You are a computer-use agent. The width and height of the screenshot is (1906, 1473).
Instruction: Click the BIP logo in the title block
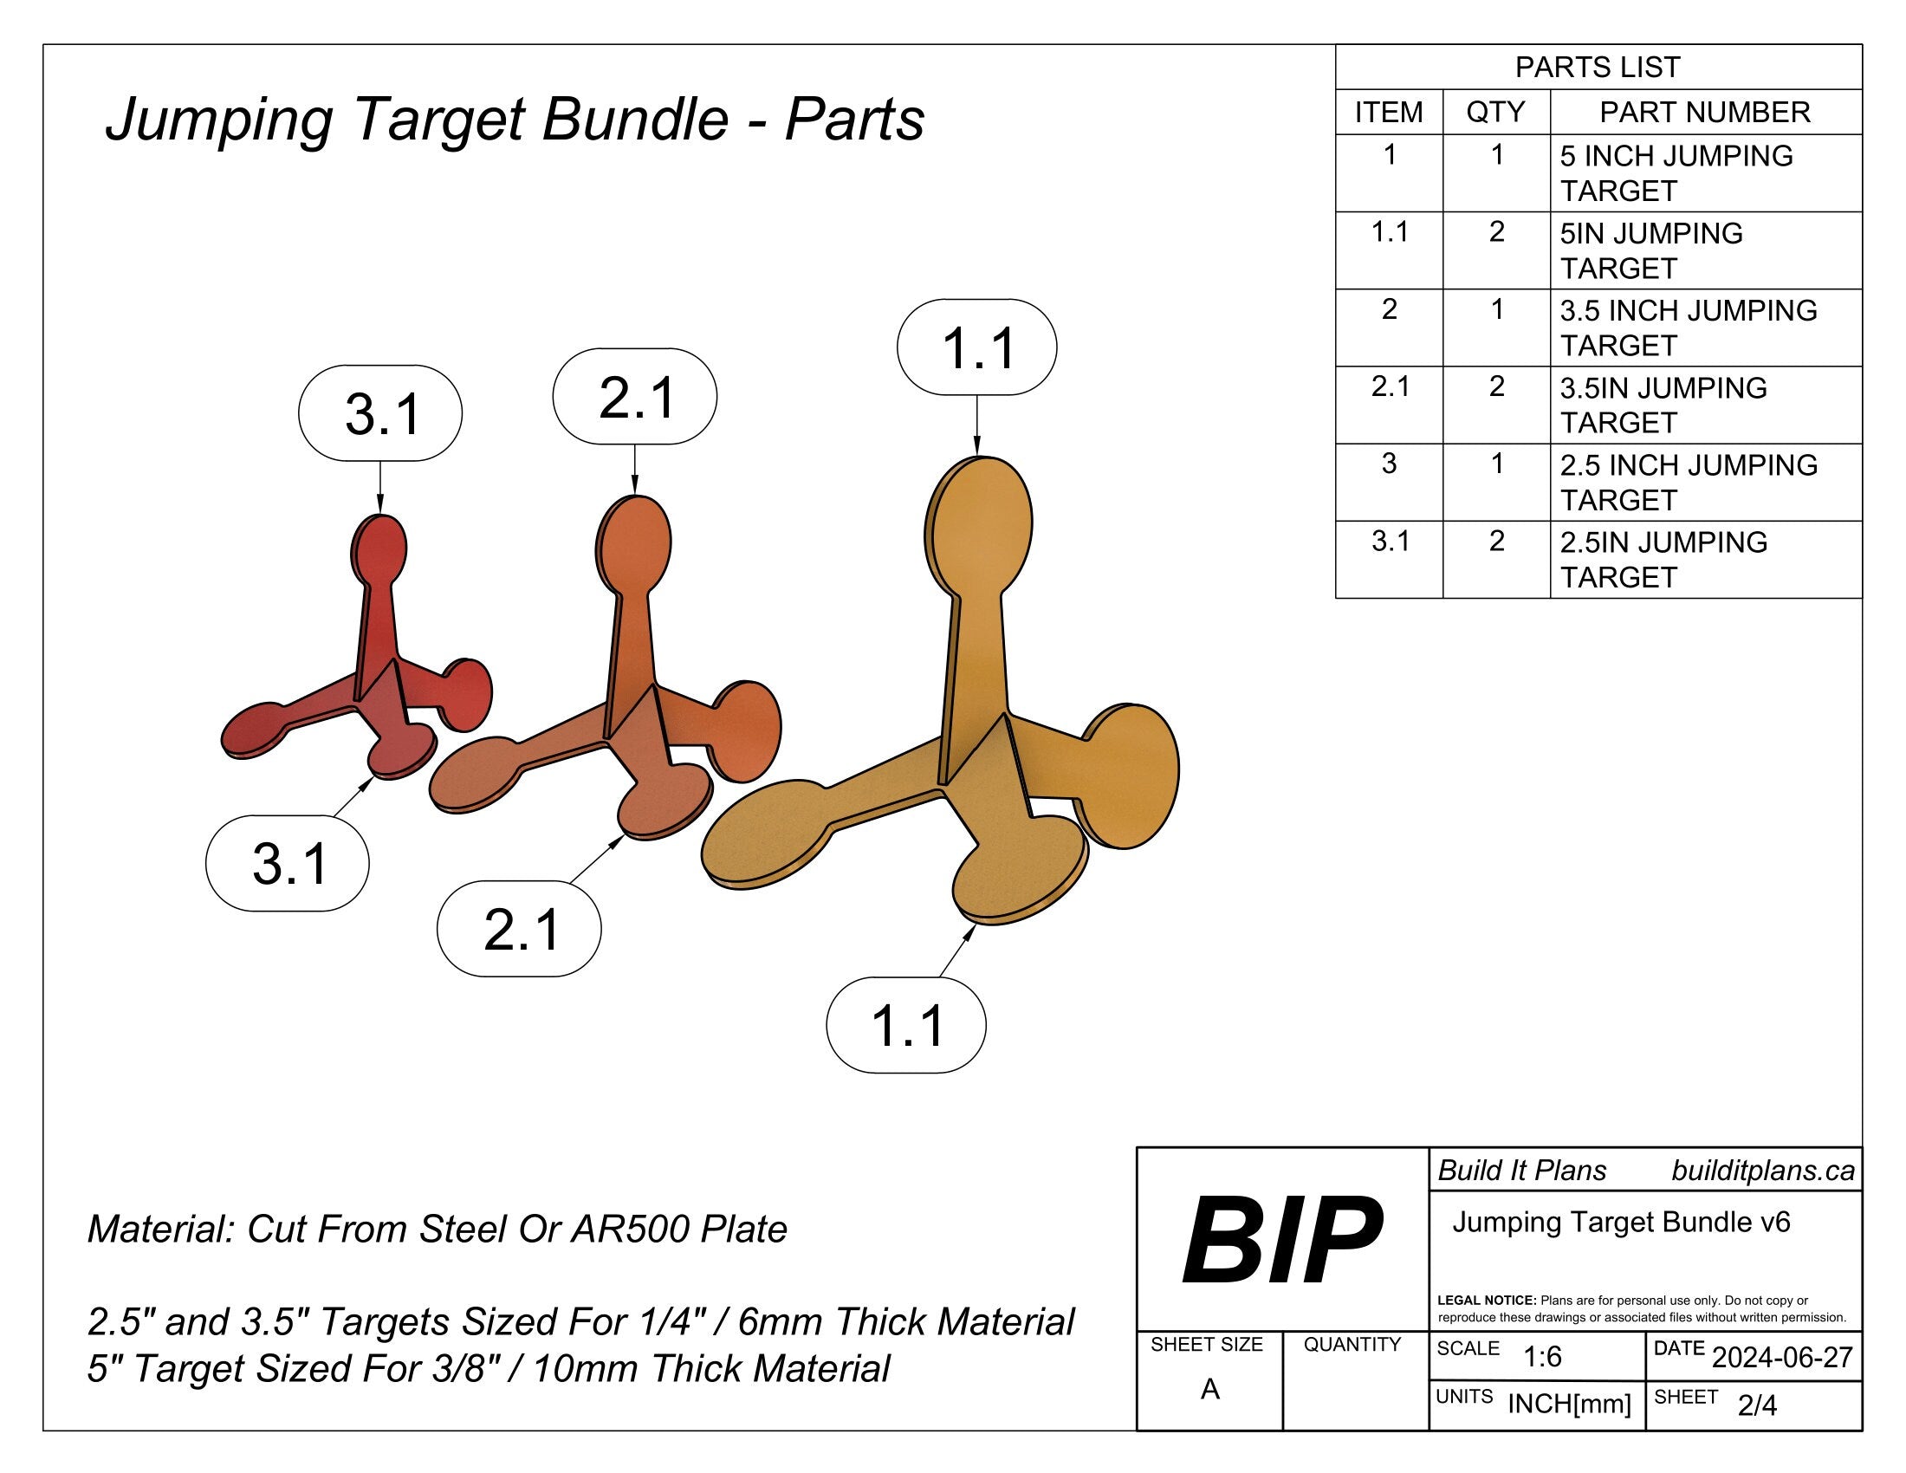(1281, 1240)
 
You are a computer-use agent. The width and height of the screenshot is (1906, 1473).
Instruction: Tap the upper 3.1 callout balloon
(380, 412)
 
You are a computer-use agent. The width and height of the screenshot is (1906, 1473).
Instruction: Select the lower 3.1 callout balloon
(288, 863)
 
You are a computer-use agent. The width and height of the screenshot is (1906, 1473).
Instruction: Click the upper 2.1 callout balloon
(635, 397)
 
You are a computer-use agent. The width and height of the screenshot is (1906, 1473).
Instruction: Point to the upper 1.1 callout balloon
(976, 347)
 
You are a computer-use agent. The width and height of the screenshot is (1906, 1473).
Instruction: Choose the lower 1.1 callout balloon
(907, 1024)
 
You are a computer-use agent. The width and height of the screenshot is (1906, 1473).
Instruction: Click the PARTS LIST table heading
(1597, 68)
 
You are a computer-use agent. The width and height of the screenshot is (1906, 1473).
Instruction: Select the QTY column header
(1496, 112)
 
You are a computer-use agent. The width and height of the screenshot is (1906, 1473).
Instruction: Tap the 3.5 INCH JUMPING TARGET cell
(1688, 328)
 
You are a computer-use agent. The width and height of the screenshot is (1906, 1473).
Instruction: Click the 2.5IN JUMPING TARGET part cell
(1663, 560)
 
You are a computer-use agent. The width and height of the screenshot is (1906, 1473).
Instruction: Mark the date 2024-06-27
(1782, 1357)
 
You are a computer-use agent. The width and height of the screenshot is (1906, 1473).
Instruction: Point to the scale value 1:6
(1542, 1357)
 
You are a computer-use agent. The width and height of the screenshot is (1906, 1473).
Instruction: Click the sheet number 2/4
(1757, 1405)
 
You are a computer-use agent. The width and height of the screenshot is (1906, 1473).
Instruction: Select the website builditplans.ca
(1762, 1171)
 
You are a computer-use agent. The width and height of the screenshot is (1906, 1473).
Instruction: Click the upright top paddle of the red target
(379, 549)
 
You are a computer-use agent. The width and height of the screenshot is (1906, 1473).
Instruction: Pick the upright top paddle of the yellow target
(978, 522)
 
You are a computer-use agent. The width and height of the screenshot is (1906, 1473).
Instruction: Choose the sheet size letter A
(1209, 1388)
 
